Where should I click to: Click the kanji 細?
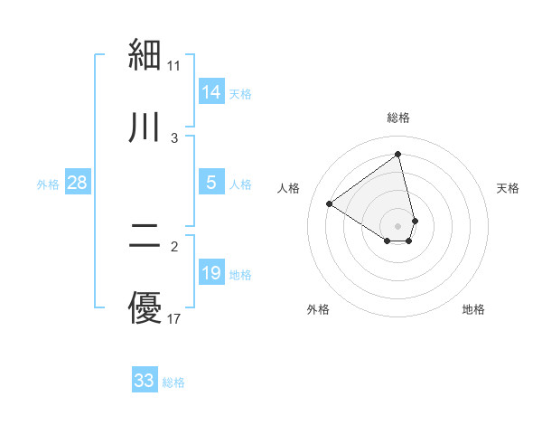click(145, 56)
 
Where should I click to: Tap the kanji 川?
click(145, 128)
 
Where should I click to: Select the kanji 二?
click(145, 236)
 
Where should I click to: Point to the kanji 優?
click(145, 308)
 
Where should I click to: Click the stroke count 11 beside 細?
click(174, 65)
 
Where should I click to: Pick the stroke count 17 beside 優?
click(174, 318)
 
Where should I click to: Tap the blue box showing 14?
click(211, 92)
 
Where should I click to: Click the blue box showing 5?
click(211, 183)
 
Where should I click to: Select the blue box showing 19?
click(211, 273)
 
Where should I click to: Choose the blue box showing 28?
click(78, 183)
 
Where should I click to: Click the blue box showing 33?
click(145, 381)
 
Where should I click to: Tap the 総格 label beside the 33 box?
click(173, 382)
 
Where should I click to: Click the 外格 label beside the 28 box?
click(48, 184)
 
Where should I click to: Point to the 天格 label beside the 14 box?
click(240, 94)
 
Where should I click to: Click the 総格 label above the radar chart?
click(398, 118)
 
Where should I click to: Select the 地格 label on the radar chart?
click(473, 309)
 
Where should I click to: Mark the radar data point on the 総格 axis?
click(398, 155)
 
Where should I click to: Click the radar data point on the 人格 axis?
click(330, 203)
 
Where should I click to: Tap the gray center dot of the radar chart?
click(398, 225)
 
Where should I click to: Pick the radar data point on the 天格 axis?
click(415, 220)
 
